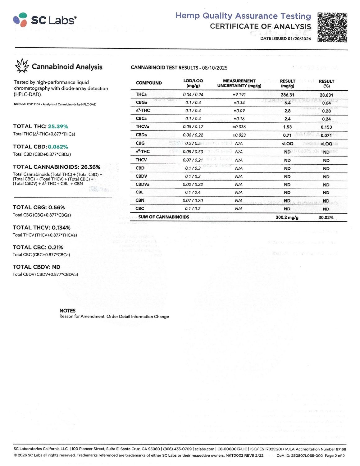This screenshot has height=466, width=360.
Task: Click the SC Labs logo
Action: [x=45, y=20]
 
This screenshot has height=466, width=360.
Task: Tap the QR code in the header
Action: [x=332, y=27]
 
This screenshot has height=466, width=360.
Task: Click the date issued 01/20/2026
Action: [x=299, y=39]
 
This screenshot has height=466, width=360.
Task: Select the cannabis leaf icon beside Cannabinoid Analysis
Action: [x=22, y=66]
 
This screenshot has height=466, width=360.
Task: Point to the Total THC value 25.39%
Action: [x=58, y=126]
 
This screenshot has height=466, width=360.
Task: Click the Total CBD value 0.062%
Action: [x=58, y=147]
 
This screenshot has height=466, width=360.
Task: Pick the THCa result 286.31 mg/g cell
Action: [x=287, y=95]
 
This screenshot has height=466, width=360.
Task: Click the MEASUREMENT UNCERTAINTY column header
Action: [x=239, y=83]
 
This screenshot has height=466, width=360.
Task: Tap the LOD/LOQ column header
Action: [x=193, y=83]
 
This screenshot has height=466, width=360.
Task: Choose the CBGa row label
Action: [x=141, y=103]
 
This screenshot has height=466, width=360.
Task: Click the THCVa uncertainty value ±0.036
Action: [x=239, y=127]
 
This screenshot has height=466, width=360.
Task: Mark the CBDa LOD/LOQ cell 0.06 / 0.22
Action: [x=193, y=135]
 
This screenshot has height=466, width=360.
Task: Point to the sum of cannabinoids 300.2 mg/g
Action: [x=287, y=217]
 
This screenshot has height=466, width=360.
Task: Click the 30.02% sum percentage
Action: [x=326, y=217]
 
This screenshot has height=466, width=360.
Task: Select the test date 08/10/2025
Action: [x=215, y=68]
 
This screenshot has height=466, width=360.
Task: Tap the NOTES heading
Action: [x=67, y=311]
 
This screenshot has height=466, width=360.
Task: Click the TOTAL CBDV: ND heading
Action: [x=36, y=267]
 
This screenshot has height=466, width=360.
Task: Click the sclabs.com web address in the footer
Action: [x=204, y=449]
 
